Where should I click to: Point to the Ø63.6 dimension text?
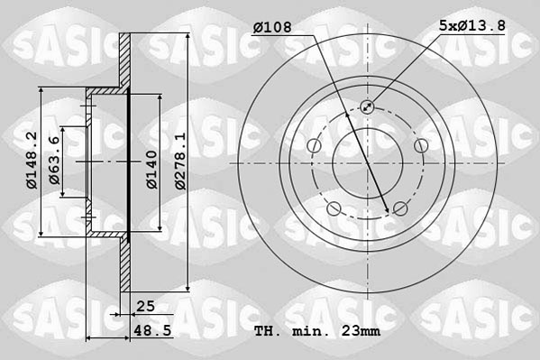(55, 161)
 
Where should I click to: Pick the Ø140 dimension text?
(152, 169)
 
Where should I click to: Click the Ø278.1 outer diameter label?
(180, 161)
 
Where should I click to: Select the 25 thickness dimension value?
(145, 307)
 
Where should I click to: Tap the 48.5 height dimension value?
(151, 331)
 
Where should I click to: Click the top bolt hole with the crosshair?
(368, 107)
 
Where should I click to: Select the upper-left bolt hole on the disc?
(314, 146)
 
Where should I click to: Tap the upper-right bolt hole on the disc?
(421, 146)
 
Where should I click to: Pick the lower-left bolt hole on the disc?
(334, 210)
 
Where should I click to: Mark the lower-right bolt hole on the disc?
(400, 210)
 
